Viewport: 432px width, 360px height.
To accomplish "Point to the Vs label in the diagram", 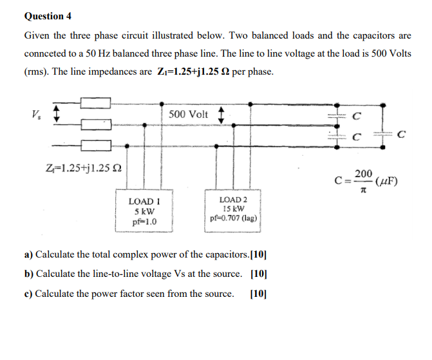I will pos(33,115).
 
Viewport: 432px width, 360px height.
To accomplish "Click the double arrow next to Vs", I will pos(56,113).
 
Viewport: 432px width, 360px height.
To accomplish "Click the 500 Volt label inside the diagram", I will pos(189,114).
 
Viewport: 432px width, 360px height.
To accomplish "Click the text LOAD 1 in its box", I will pos(144,202).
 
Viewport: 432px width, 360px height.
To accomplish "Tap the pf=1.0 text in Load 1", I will pos(144,222).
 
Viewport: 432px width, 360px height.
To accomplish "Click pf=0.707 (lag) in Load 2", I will pos(234,218).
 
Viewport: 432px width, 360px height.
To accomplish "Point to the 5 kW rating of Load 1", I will pos(144,212).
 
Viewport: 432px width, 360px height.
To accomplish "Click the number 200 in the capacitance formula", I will pos(363,174).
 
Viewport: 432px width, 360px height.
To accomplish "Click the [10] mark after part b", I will pos(259,274).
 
